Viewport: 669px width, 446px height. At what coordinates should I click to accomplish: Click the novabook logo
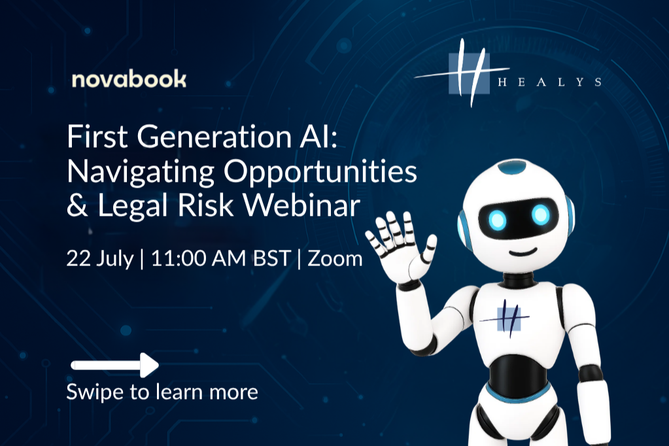click(129, 80)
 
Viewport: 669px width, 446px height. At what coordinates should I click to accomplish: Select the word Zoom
click(335, 258)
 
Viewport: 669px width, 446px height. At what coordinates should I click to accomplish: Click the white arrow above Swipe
click(115, 365)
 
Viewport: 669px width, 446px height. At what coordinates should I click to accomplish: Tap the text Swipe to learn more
click(162, 392)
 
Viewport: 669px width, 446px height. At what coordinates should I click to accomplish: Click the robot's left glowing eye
click(498, 216)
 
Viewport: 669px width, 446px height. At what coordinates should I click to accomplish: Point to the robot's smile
click(521, 252)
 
